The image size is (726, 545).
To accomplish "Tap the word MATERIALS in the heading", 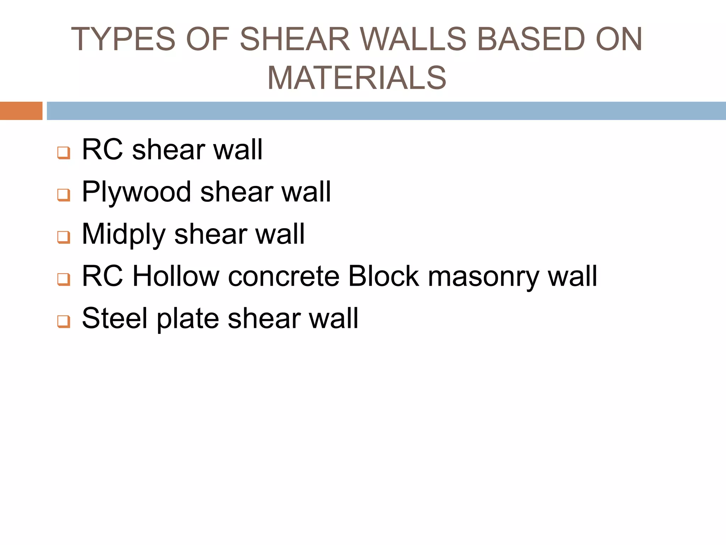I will (357, 78).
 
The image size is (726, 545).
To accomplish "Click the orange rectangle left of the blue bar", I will (21, 111).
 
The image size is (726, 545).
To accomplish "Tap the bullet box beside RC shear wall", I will (64, 153).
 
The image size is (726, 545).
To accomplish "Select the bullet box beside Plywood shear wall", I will (64, 195).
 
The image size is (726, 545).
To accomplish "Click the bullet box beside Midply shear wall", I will (64, 237).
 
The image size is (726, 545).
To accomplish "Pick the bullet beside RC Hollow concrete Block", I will (64, 279).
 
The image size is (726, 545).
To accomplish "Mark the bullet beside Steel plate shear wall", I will (64, 321).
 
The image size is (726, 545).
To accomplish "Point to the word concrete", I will (284, 276).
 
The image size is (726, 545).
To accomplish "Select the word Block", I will (384, 276).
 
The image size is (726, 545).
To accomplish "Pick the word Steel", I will (114, 318).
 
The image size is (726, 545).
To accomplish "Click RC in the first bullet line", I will (102, 150).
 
